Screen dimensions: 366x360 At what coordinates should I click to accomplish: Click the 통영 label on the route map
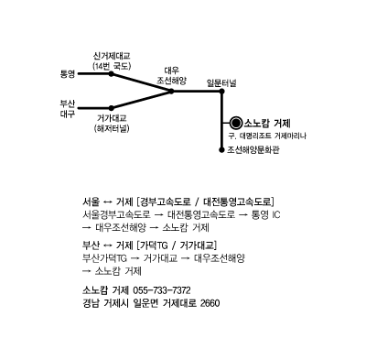(68, 74)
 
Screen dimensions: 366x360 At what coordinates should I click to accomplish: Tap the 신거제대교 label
(112, 56)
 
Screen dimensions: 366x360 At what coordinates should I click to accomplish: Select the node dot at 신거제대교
(112, 74)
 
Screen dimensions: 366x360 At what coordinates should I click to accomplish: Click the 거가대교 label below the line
(112, 118)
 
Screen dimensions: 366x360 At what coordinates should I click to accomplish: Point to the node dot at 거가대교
(112, 108)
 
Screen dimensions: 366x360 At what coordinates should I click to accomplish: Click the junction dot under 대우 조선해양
(171, 91)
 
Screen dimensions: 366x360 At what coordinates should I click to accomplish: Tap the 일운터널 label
(221, 82)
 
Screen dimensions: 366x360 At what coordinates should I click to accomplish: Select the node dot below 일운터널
(221, 91)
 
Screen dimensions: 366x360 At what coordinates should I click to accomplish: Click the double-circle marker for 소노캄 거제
(236, 123)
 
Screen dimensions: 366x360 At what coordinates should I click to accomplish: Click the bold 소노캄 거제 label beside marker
(267, 124)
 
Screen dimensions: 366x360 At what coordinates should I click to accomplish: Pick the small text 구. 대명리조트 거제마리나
(266, 136)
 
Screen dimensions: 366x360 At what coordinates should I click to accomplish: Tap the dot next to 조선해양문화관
(221, 150)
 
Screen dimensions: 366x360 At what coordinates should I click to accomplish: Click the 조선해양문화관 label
(253, 150)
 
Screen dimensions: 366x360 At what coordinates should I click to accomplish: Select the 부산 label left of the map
(68, 104)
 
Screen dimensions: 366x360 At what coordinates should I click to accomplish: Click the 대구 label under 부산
(68, 115)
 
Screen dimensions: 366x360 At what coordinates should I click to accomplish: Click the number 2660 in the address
(210, 303)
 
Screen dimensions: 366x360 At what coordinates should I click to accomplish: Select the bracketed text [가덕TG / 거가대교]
(177, 245)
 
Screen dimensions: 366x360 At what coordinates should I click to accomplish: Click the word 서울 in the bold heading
(91, 202)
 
